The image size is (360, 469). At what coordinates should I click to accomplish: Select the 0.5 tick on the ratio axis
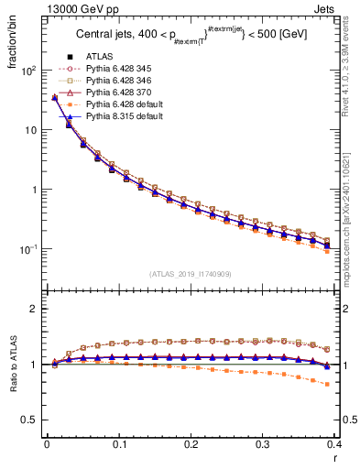[30, 420]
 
